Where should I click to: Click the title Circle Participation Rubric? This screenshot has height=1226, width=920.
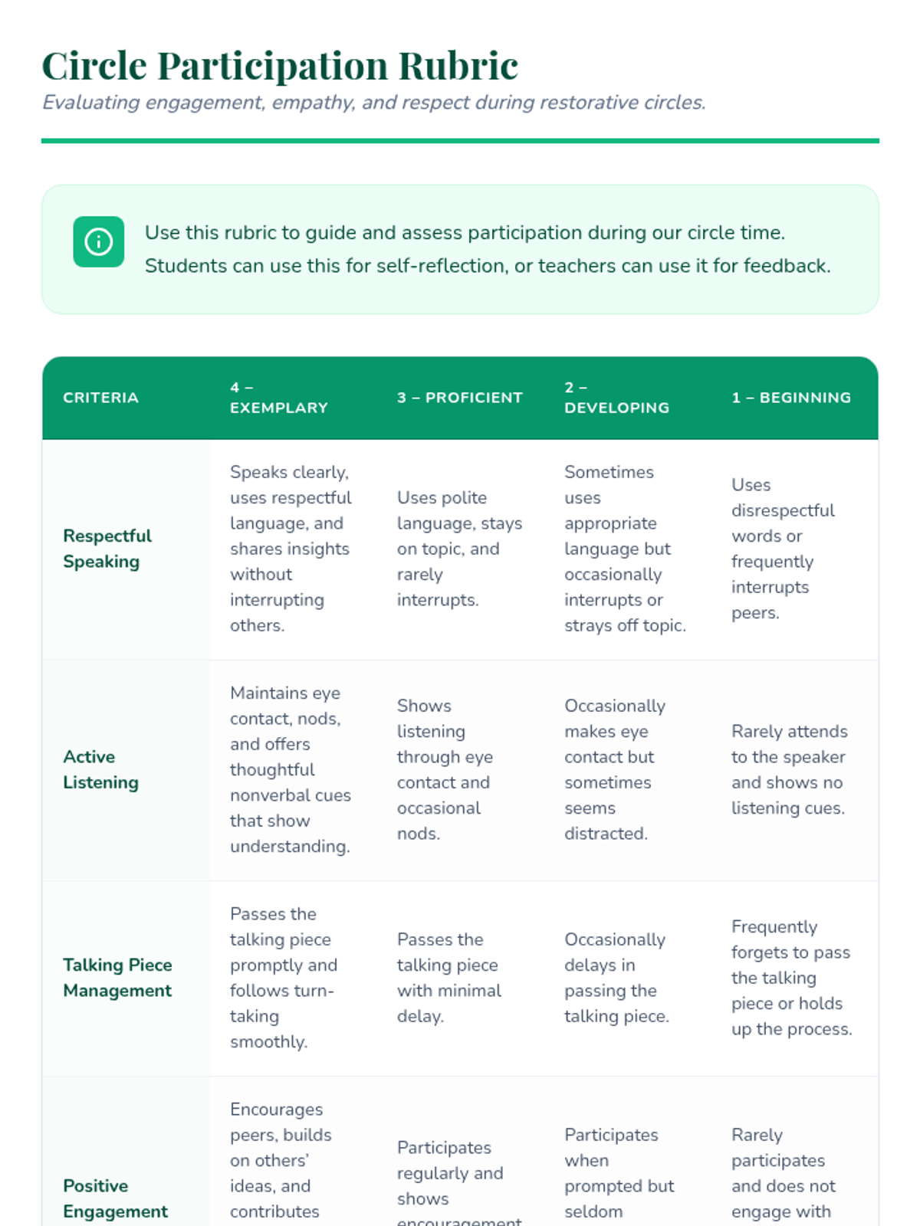pos(280,65)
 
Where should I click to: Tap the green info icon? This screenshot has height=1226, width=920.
pos(98,242)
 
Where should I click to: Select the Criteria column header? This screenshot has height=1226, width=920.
pos(100,398)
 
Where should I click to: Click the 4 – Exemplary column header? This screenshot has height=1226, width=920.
pos(278,398)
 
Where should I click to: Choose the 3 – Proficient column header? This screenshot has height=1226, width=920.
pos(459,398)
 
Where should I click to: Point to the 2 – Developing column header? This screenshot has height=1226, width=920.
pos(616,398)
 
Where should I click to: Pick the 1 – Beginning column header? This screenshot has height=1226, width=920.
pos(790,398)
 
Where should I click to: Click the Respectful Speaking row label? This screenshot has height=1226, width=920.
pos(107,549)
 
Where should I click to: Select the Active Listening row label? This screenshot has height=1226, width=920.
pos(100,769)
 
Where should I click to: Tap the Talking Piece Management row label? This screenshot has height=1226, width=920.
pos(117,978)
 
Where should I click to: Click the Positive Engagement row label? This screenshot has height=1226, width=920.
pos(115,1198)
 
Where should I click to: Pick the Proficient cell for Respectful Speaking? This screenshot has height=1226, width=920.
pos(458,549)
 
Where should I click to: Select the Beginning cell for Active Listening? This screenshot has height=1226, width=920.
pos(789,769)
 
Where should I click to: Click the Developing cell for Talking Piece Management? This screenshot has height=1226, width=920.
pos(616,978)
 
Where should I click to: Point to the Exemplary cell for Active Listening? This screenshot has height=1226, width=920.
pos(290,769)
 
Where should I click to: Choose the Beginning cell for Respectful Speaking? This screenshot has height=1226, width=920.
pos(782,549)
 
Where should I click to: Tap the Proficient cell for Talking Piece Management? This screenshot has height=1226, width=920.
pos(449,978)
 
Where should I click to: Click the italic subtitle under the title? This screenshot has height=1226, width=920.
pos(373,103)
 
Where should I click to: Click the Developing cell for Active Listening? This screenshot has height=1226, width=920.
pos(614,769)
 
